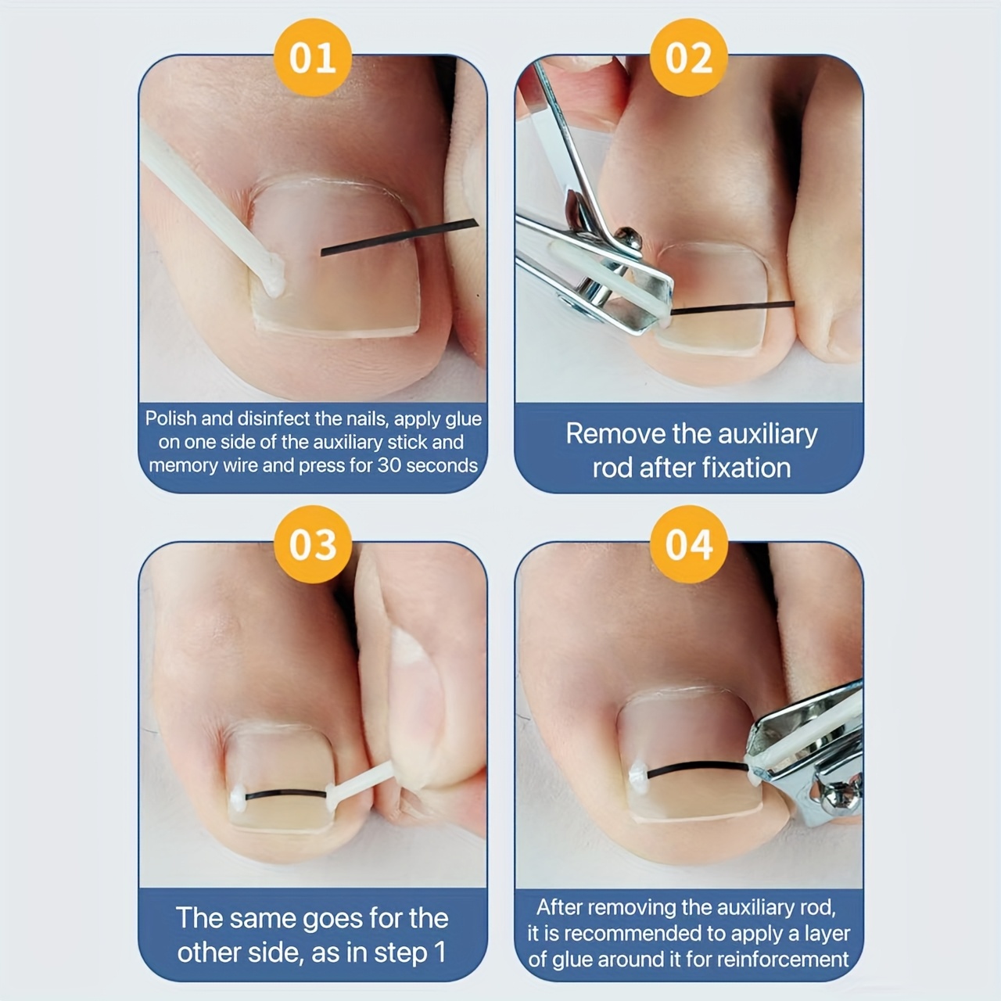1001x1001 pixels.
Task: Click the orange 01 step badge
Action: coord(313,57)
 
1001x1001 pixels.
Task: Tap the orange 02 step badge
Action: coord(689,57)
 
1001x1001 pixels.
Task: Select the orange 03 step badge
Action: coord(313,544)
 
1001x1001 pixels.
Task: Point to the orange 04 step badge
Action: coord(689,544)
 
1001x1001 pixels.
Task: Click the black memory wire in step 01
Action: coord(399,238)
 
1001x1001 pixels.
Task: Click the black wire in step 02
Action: coord(733,307)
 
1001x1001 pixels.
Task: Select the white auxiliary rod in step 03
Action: coord(361,779)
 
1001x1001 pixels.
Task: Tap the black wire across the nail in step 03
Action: coord(285,794)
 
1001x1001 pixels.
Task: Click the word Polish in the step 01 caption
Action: coord(170,418)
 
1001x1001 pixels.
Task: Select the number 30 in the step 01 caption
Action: coord(389,465)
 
